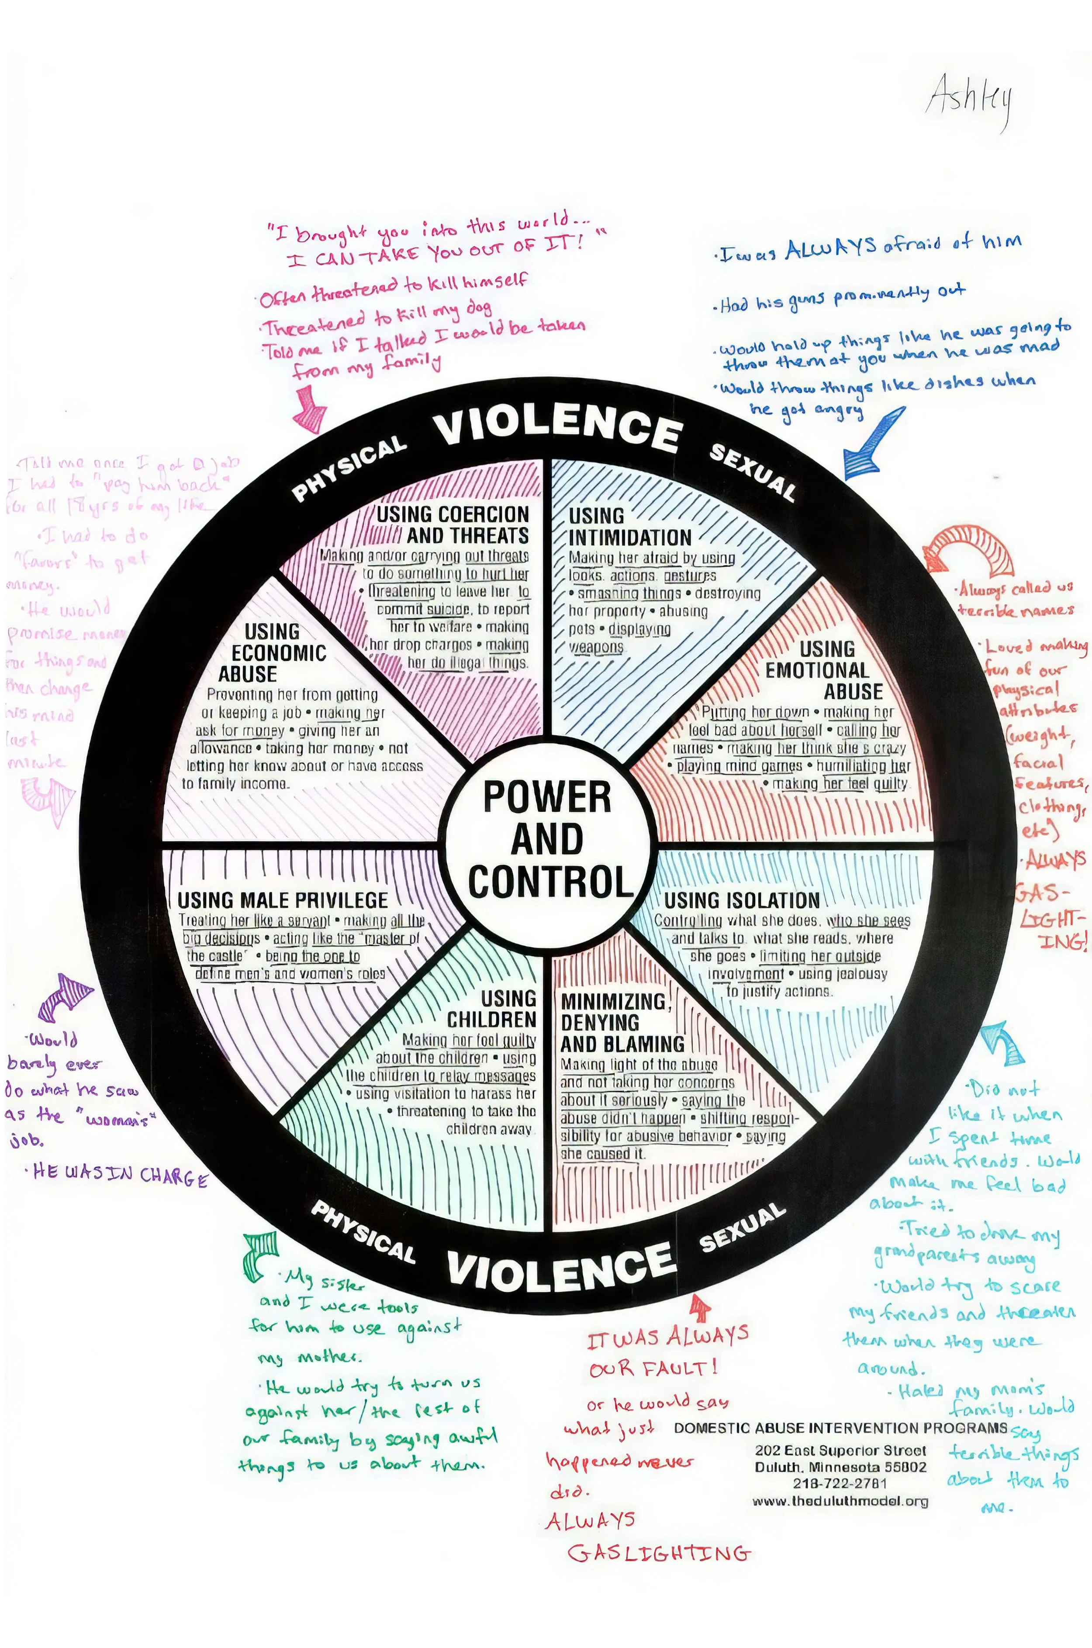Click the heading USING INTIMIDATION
[x=629, y=527]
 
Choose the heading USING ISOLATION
[x=741, y=900]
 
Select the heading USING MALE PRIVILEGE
[x=282, y=900]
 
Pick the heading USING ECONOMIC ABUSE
[x=272, y=653]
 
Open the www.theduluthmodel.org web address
[x=840, y=1501]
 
